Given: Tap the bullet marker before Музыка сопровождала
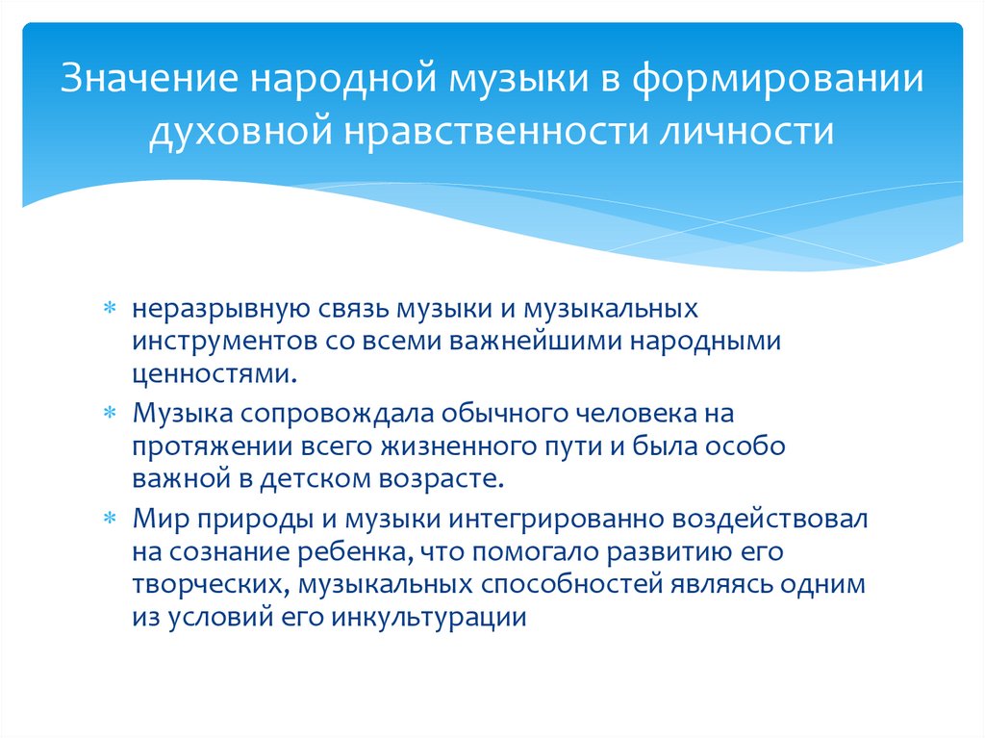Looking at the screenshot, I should (110, 415).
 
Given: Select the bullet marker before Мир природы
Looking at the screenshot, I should (110, 520).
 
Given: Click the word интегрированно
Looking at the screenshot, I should (543, 520).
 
